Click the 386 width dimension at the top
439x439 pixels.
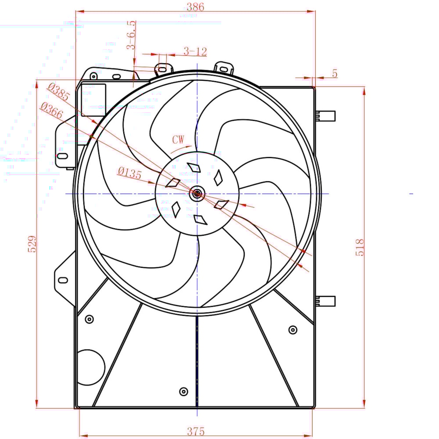tap(195, 7)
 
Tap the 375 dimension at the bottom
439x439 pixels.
tap(195, 432)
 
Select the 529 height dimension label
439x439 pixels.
tap(32, 244)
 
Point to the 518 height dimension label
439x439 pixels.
tap(360, 248)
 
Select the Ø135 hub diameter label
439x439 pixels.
tap(130, 173)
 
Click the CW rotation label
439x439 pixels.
tap(178, 140)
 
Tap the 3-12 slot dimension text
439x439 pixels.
tap(195, 52)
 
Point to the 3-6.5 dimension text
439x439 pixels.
tap(131, 35)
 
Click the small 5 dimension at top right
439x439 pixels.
tap(335, 74)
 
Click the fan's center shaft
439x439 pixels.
tap(197, 193)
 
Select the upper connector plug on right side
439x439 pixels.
tap(327, 116)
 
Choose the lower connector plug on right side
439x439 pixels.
tap(327, 301)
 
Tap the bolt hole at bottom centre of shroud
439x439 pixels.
tap(184, 391)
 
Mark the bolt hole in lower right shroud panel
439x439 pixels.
tap(293, 330)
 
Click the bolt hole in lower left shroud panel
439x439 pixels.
tap(89, 319)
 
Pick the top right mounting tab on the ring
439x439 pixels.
tap(224, 68)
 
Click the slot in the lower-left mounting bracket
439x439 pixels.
tap(63, 280)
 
